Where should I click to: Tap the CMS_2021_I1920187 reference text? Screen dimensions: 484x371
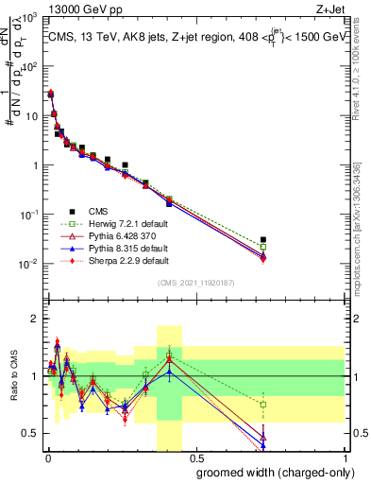195,283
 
